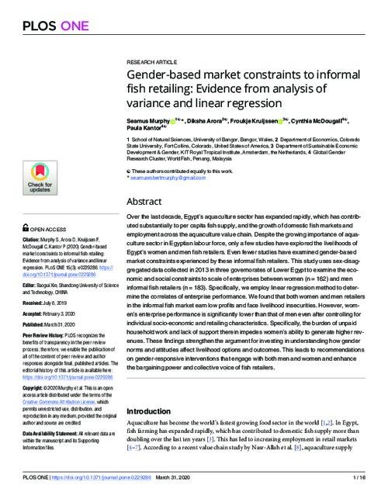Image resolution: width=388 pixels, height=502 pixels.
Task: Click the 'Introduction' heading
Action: [x=151, y=410]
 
